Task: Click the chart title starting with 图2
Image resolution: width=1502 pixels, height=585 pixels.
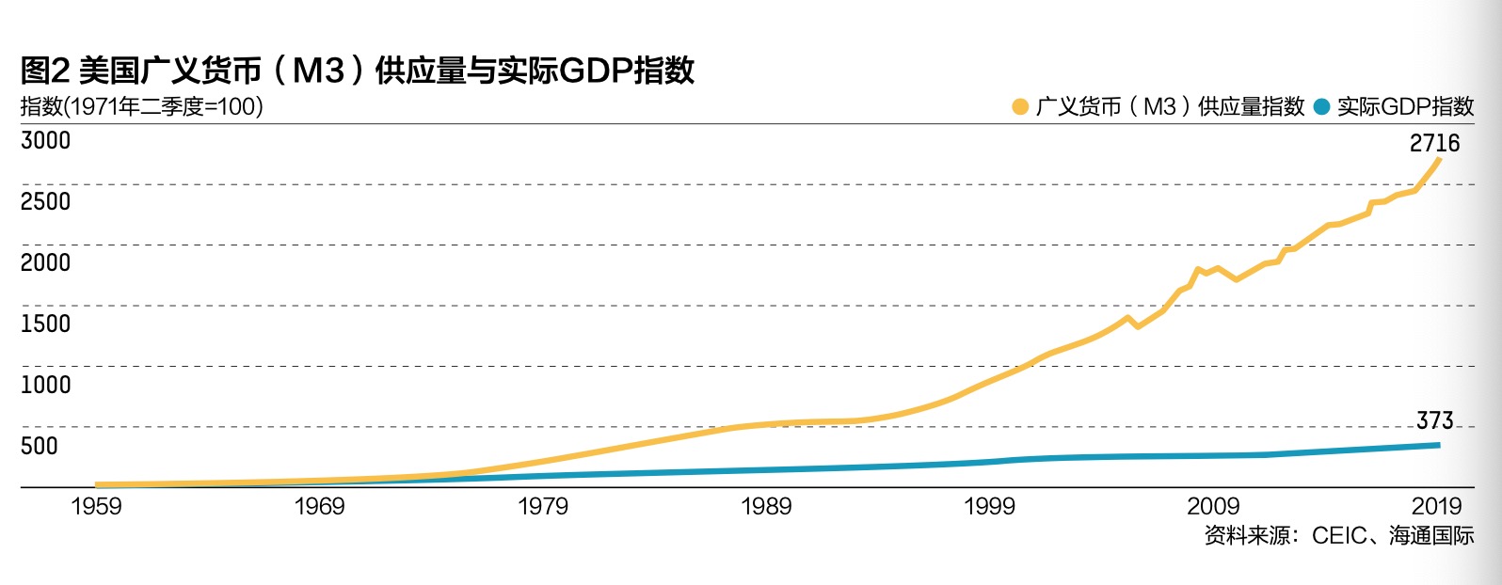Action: tap(358, 71)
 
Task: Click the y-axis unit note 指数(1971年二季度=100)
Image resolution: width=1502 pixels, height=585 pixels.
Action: tap(141, 106)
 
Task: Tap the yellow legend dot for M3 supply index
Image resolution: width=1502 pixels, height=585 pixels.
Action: tap(1019, 107)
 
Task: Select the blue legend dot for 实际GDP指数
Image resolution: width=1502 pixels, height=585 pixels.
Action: tap(1321, 107)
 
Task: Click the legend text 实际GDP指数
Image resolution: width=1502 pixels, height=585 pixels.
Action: tap(1405, 107)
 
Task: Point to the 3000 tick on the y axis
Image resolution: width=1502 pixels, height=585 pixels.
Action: tap(45, 140)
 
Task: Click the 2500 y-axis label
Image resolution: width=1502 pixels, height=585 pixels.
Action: tap(45, 201)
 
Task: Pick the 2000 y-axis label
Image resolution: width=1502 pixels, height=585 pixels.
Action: tap(45, 262)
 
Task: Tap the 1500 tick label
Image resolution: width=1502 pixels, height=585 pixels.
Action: tap(45, 324)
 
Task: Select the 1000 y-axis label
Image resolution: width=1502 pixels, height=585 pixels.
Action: tap(45, 385)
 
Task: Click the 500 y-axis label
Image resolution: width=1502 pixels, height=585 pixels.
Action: tap(40, 446)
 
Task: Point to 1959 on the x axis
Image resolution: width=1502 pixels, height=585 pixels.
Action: tap(96, 507)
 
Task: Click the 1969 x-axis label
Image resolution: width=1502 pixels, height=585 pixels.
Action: tap(319, 507)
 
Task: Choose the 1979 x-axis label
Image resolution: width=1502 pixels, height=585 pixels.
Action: tap(543, 507)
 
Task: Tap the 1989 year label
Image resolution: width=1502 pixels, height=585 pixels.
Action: tap(766, 507)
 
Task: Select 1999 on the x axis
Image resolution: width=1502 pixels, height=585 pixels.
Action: tap(989, 507)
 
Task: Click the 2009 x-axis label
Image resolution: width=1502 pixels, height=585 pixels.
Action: tap(1213, 507)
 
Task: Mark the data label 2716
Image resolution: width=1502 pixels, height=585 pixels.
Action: tap(1434, 143)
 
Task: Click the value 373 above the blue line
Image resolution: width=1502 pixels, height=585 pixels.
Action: tap(1434, 420)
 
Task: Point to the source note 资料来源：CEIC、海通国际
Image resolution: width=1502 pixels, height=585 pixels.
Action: tap(1338, 536)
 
